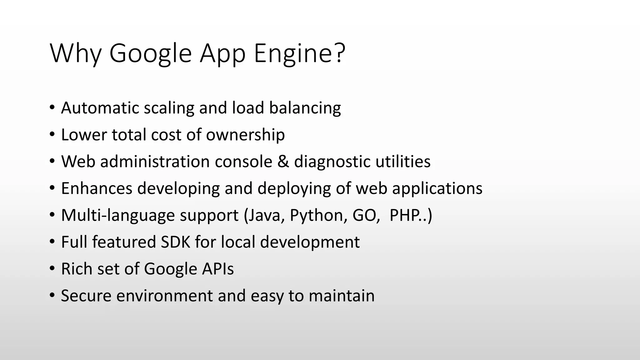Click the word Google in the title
click(x=150, y=54)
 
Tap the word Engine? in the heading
click(x=299, y=54)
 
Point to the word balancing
click(x=305, y=108)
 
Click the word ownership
click(x=245, y=135)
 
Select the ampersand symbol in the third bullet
click(x=283, y=162)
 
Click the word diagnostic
click(x=332, y=162)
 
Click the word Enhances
click(x=97, y=188)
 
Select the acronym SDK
click(x=175, y=242)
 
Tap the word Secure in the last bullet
click(x=86, y=296)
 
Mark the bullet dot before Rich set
click(x=52, y=268)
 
